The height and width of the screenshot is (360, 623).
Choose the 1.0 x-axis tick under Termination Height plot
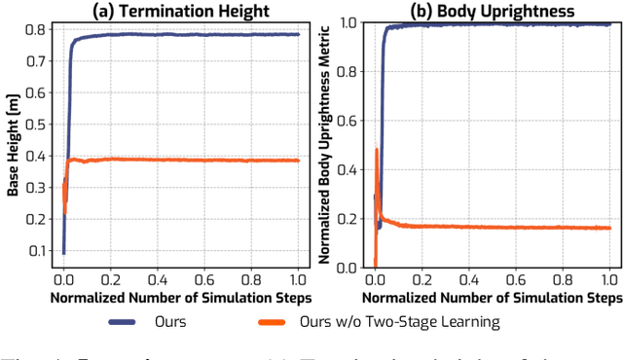pos(298,277)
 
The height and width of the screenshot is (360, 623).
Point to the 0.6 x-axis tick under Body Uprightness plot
pos(516,277)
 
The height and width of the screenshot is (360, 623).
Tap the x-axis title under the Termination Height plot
pos(181,294)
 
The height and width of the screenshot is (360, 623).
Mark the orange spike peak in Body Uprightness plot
pos(377,149)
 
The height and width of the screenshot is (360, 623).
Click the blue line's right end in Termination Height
pos(298,34)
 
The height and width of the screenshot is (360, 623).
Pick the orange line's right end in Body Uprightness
pos(610,228)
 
